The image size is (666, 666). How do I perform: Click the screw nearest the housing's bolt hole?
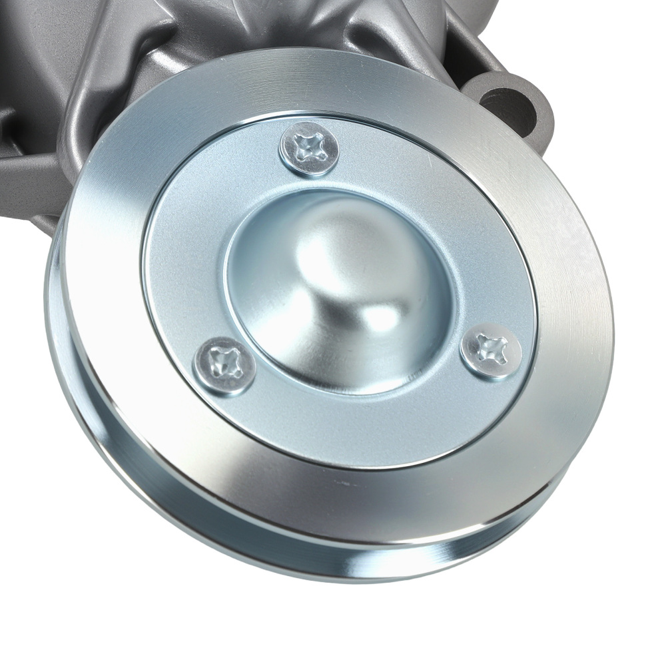(x=309, y=149)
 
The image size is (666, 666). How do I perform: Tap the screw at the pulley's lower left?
(x=224, y=366)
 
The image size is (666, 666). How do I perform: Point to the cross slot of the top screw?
(x=309, y=148)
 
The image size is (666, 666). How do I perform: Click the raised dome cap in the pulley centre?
(x=340, y=286)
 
